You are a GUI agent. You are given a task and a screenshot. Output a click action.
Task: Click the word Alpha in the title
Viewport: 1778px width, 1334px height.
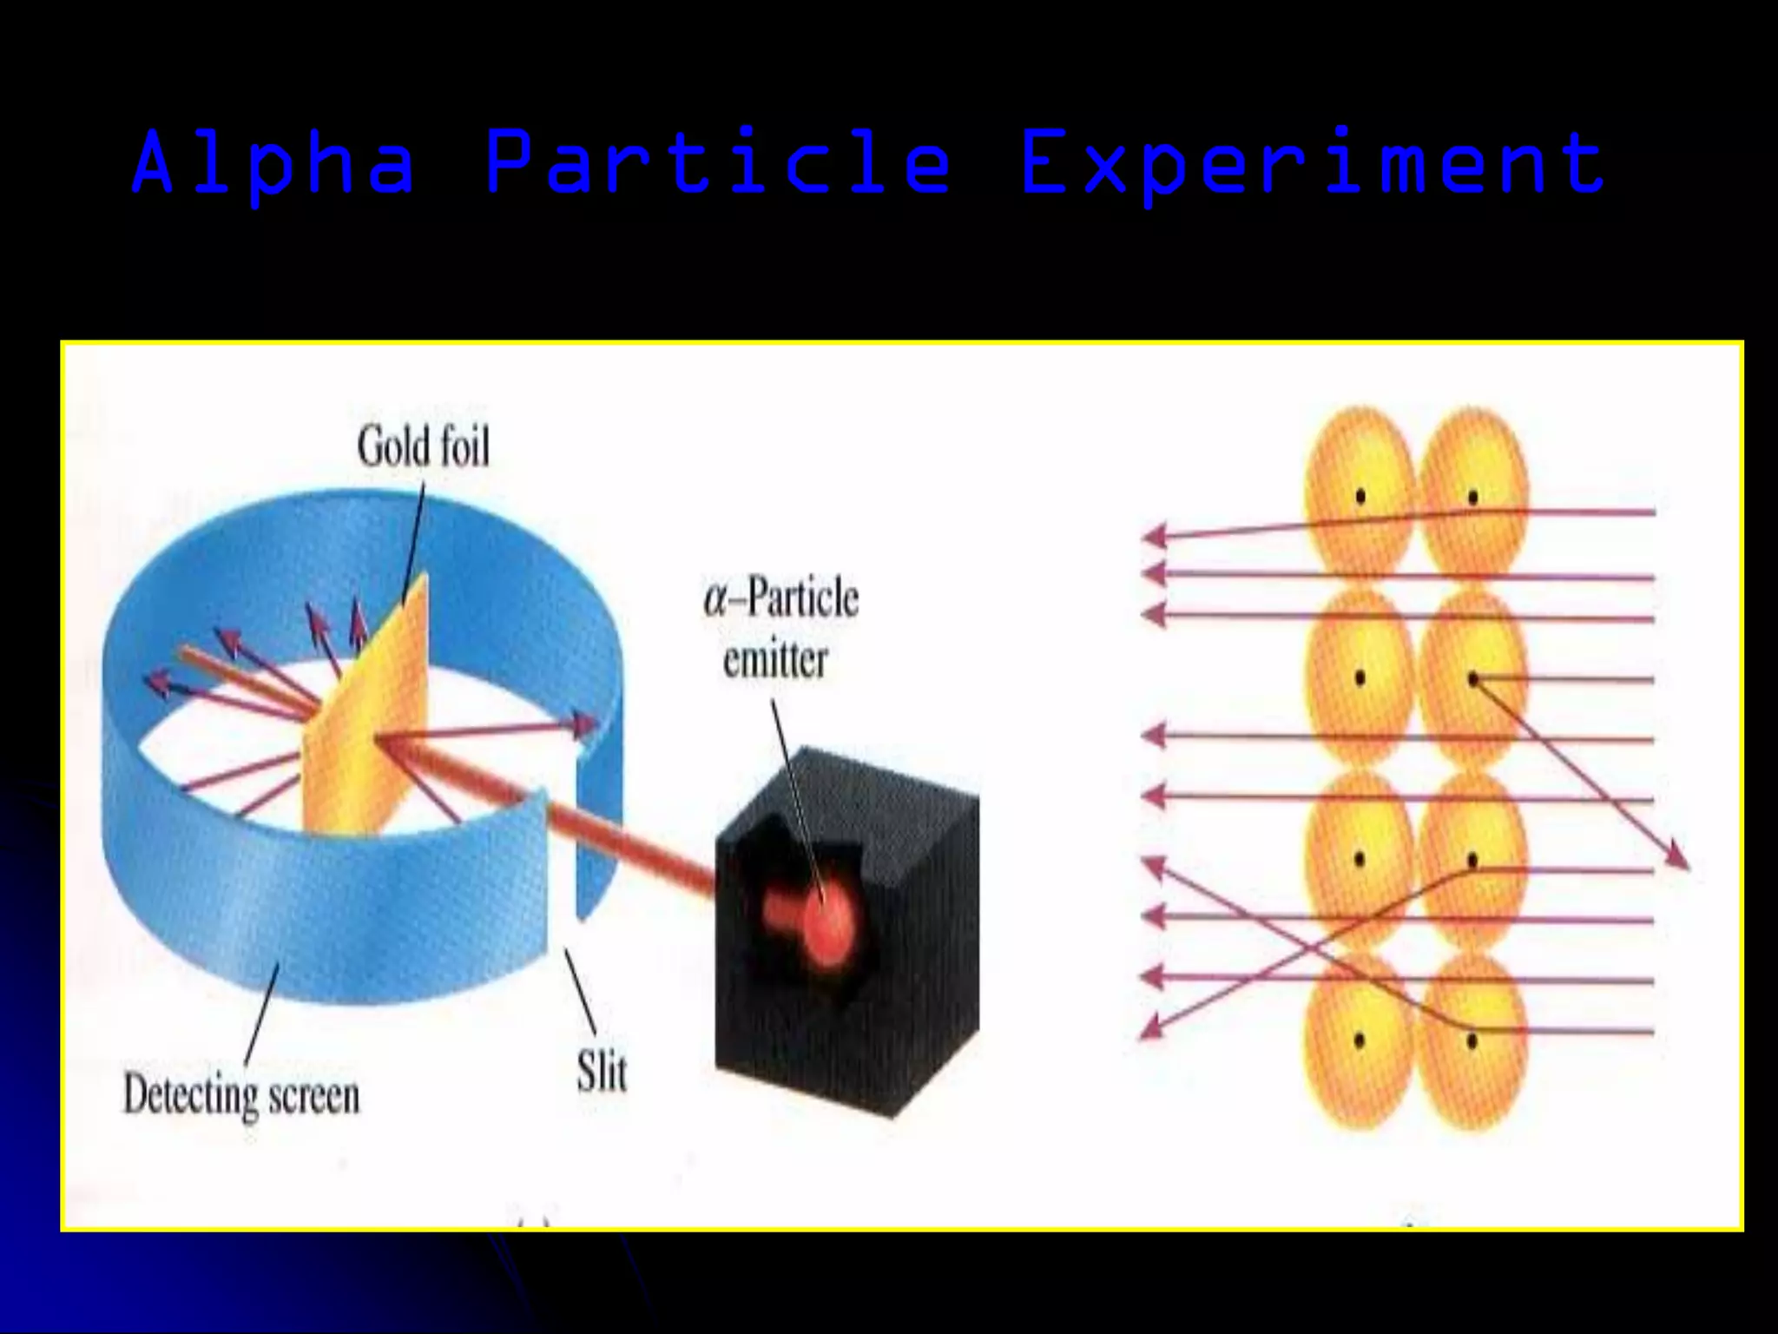click(273, 162)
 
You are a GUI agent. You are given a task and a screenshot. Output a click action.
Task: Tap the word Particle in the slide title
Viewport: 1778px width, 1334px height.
click(717, 162)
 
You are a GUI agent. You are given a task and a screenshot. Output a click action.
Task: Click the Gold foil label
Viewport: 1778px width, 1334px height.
click(424, 448)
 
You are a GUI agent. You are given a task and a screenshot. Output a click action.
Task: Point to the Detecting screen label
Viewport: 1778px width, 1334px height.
click(241, 1095)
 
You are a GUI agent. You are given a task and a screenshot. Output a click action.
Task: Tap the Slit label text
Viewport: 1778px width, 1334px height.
click(602, 1072)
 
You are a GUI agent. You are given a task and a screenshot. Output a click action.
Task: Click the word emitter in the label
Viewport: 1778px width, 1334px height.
click(775, 661)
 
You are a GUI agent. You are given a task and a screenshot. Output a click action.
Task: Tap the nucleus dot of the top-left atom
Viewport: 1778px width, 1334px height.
click(1360, 497)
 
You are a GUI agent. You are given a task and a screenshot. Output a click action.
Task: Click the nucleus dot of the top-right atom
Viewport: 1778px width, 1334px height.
click(1473, 497)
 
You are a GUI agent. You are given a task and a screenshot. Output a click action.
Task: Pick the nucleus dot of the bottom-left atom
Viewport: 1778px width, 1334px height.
click(1360, 1040)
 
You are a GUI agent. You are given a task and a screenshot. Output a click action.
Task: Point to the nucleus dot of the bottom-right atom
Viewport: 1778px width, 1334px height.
click(1472, 1040)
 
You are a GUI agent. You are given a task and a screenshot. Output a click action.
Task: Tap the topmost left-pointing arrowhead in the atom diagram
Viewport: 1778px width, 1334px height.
click(1153, 537)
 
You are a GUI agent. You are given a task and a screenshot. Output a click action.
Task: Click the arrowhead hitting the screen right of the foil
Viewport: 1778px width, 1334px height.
click(587, 723)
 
